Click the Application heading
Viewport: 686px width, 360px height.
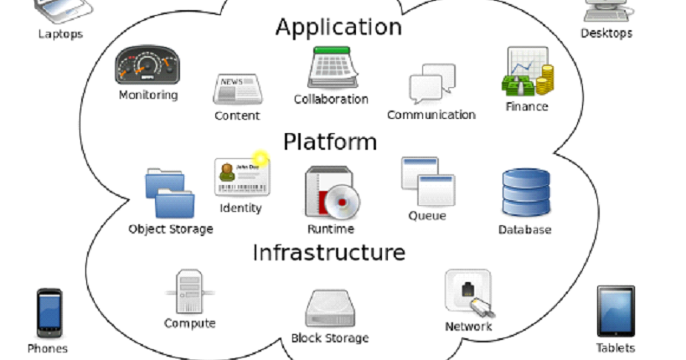[338, 28]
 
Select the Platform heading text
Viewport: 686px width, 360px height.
[330, 141]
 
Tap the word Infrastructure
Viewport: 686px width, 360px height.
[329, 252]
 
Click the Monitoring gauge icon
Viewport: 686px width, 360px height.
[147, 65]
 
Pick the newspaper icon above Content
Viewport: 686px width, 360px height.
[238, 89]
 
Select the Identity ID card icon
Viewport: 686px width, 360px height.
[240, 177]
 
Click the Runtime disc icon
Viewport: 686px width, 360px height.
[331, 193]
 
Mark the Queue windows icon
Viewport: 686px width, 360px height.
[427, 181]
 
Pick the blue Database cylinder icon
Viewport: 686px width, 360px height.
[525, 193]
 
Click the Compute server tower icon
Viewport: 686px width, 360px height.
[189, 291]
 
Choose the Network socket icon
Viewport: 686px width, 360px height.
[467, 292]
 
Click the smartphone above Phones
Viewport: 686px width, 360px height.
[49, 312]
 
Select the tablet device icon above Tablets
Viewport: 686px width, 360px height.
[616, 311]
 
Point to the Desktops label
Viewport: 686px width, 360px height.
[606, 33]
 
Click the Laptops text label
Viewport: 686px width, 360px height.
[59, 34]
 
